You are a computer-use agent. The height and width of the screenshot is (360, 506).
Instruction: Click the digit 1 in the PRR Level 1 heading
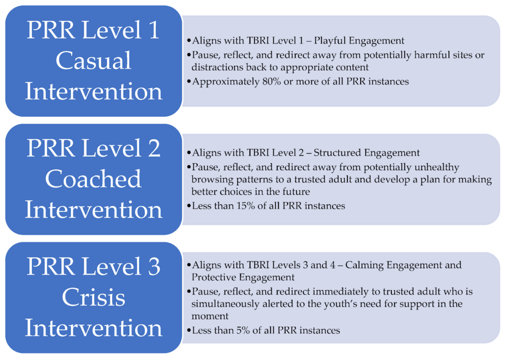(154, 30)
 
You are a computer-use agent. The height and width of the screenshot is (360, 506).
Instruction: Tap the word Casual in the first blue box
(93, 60)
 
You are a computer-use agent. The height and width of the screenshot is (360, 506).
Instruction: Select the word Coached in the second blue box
(93, 179)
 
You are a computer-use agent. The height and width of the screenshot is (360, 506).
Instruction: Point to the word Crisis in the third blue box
(93, 297)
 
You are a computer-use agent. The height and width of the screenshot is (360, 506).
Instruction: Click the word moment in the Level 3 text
(210, 316)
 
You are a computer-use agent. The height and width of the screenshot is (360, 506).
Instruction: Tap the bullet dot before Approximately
(189, 82)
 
